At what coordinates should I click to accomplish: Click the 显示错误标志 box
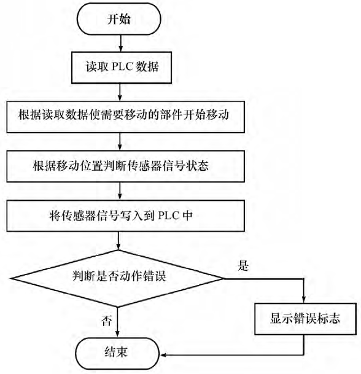pyautogui.click(x=305, y=319)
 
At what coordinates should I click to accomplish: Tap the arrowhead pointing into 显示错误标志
pyautogui.click(x=305, y=300)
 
